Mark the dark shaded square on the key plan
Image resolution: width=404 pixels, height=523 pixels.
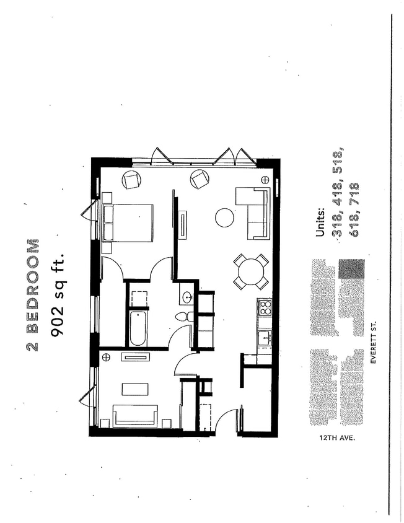click(x=352, y=269)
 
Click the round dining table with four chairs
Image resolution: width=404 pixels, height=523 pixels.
click(x=251, y=271)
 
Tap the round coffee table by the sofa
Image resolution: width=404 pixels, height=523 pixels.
click(x=224, y=218)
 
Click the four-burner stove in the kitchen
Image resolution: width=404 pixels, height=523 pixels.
click(x=265, y=307)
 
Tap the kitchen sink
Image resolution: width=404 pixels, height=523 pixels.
click(x=264, y=338)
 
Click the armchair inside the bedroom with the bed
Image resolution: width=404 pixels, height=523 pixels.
click(x=131, y=180)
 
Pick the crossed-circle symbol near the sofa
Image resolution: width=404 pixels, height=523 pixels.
click(x=265, y=180)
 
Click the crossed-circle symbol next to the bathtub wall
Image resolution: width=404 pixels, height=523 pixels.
click(x=106, y=357)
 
